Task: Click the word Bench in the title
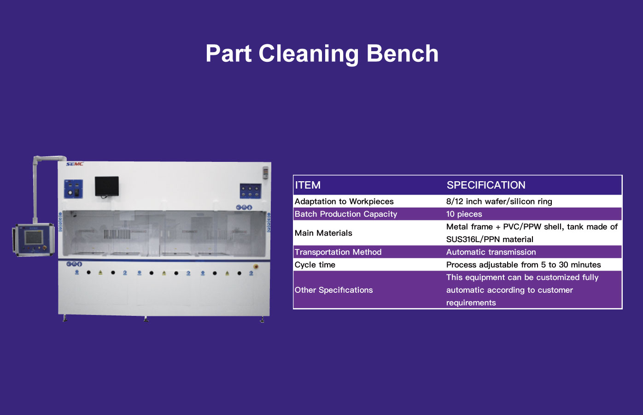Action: click(x=403, y=53)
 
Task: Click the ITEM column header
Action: click(x=308, y=185)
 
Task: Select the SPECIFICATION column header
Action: click(x=486, y=185)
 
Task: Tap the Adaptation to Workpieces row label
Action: click(x=344, y=202)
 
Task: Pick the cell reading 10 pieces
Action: click(x=464, y=214)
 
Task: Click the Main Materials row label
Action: click(x=323, y=233)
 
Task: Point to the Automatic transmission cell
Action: click(x=491, y=252)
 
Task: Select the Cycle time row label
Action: click(x=315, y=265)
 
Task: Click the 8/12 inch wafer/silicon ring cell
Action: click(x=499, y=202)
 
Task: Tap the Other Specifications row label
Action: click(x=333, y=290)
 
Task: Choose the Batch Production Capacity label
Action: click(x=345, y=214)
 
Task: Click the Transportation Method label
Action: click(x=338, y=252)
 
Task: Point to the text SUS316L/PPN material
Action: click(x=490, y=239)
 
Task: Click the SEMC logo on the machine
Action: click(x=75, y=164)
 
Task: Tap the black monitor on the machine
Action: click(x=107, y=186)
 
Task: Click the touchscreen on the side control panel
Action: click(x=34, y=237)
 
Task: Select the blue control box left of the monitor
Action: click(x=73, y=189)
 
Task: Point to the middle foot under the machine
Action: click(x=146, y=319)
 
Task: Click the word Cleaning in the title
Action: click(x=309, y=53)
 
